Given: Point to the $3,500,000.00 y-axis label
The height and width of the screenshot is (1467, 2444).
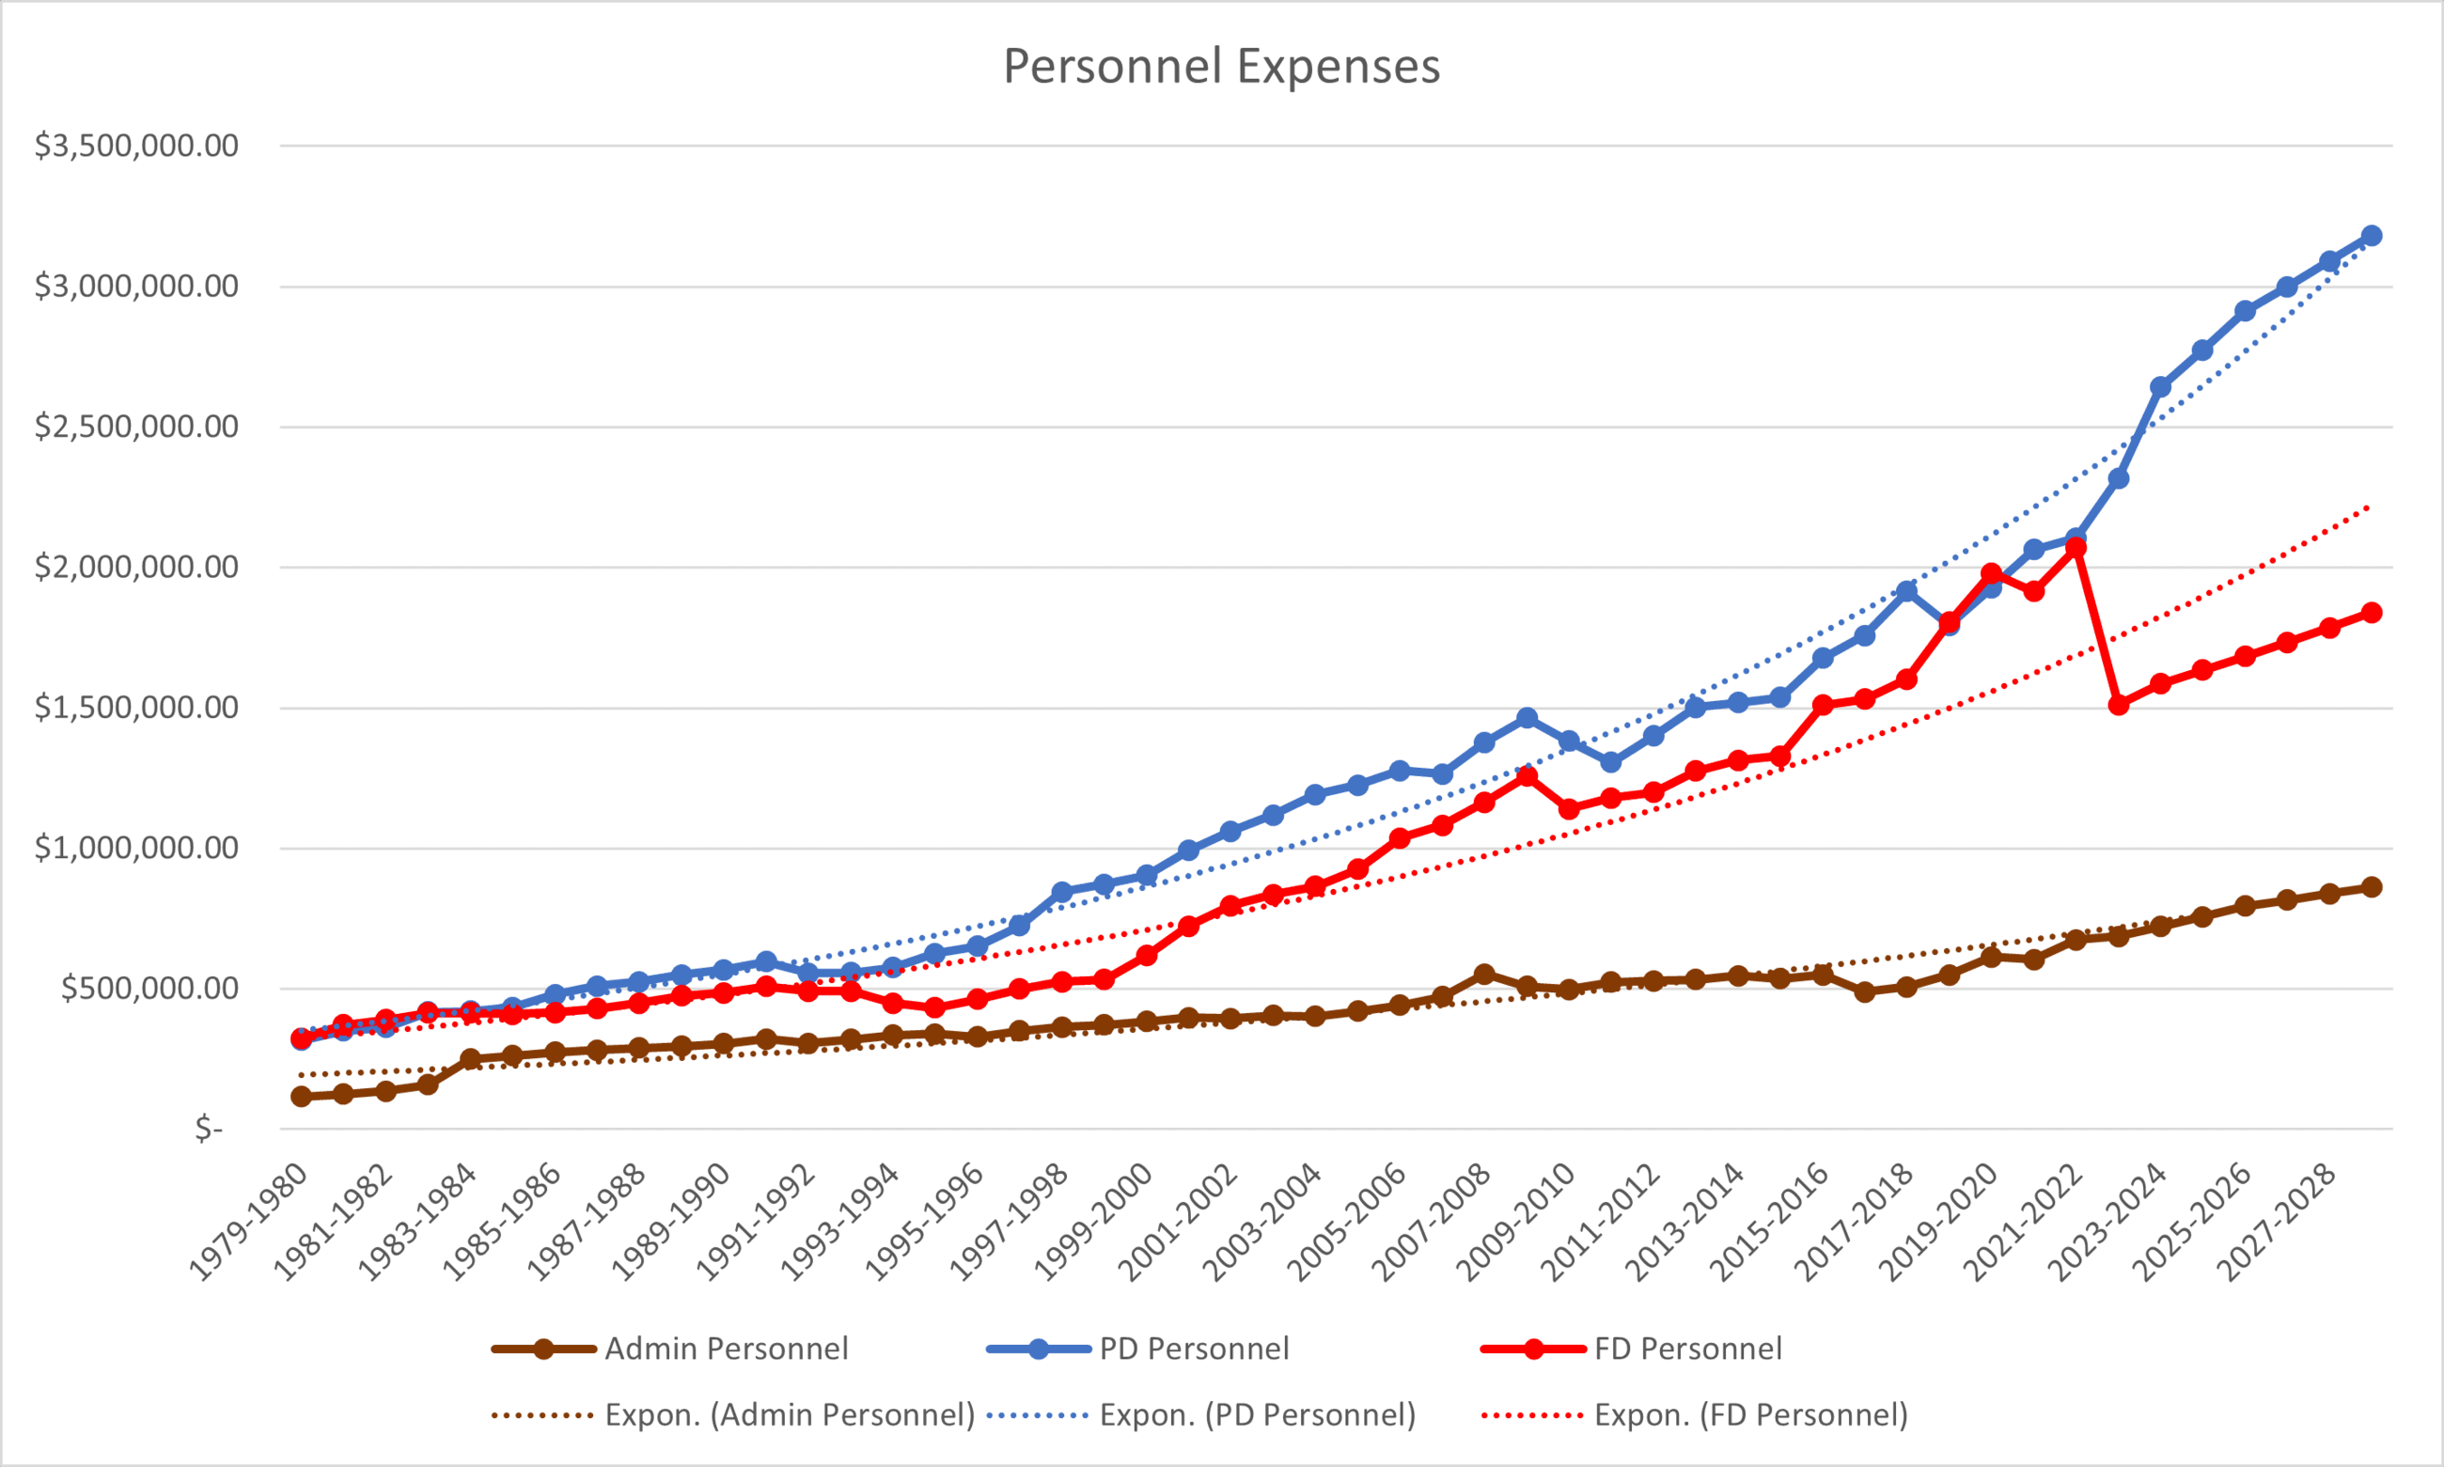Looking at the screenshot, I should pyautogui.click(x=136, y=147).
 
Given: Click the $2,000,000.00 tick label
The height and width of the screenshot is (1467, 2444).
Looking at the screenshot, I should pyautogui.click(x=136, y=568).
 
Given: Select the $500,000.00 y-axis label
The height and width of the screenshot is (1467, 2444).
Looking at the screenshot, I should pyautogui.click(x=149, y=989).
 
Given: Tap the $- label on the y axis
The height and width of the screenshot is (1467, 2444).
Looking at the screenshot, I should pyautogui.click(x=209, y=1128).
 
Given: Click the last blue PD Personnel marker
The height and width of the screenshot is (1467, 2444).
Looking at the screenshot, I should pyautogui.click(x=2371, y=235).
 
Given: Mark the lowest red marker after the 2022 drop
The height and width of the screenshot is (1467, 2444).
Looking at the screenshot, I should pyautogui.click(x=2118, y=705).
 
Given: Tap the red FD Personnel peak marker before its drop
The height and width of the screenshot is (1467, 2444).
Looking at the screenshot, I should pyautogui.click(x=2076, y=547).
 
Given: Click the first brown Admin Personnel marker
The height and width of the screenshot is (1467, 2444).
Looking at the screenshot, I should pyautogui.click(x=302, y=1097).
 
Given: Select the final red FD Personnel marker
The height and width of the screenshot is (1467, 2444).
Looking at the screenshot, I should pyautogui.click(x=2371, y=613).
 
